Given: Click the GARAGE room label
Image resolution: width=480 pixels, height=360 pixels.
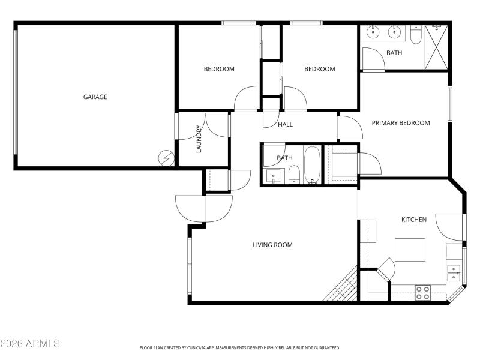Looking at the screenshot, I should [x=95, y=97].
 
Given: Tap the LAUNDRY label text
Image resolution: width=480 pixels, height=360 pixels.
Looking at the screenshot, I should [x=199, y=139].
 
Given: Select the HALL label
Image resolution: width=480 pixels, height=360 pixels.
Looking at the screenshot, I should [x=285, y=125].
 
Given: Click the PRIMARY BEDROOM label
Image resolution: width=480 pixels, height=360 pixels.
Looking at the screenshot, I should [x=400, y=123].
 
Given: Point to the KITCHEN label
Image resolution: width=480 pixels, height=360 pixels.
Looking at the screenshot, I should [x=413, y=220].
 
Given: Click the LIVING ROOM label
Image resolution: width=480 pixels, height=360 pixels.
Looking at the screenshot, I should [x=272, y=245].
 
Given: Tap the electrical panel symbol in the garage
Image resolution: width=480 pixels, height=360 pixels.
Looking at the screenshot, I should [x=165, y=158].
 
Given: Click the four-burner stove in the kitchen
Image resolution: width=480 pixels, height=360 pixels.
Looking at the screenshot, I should [x=422, y=293].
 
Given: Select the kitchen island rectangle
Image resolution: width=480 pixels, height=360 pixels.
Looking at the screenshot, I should [x=410, y=250].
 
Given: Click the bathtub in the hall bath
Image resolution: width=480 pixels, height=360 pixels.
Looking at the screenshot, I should [x=312, y=165].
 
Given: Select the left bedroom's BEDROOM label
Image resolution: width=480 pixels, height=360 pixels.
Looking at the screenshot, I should [x=219, y=69].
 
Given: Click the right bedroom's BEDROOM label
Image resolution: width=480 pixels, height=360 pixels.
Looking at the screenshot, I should [x=319, y=69].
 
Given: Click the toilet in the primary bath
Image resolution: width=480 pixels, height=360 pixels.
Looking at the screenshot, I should [x=416, y=36].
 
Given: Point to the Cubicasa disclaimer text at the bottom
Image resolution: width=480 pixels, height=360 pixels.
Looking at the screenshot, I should [x=240, y=347].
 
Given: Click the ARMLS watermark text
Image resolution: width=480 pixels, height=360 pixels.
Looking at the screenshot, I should [x=30, y=344].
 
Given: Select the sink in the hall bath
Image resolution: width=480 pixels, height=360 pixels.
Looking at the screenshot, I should [x=273, y=176].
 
